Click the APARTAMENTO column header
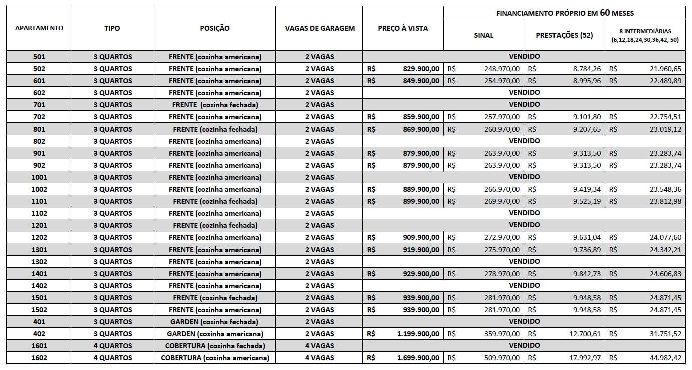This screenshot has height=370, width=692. (x=39, y=28)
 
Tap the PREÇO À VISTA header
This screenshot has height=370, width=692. (x=402, y=28)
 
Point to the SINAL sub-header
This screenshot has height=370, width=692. (x=483, y=35)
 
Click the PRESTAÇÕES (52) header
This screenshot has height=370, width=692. (x=564, y=35)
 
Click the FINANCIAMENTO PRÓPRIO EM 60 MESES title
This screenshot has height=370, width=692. (x=565, y=13)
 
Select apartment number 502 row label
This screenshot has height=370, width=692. (x=39, y=69)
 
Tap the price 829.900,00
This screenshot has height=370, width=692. (x=421, y=69)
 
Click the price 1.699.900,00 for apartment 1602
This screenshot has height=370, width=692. (x=418, y=358)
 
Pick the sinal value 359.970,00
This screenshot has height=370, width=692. (x=499, y=334)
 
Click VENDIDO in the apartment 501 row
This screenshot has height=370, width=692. (x=524, y=57)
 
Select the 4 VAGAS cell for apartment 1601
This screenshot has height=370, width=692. (x=319, y=346)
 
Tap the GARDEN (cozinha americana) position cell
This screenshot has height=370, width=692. (x=215, y=334)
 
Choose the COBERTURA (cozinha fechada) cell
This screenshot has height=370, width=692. (x=215, y=346)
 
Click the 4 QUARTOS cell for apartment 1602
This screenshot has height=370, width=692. (x=112, y=358)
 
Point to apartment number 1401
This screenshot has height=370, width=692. (x=39, y=274)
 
